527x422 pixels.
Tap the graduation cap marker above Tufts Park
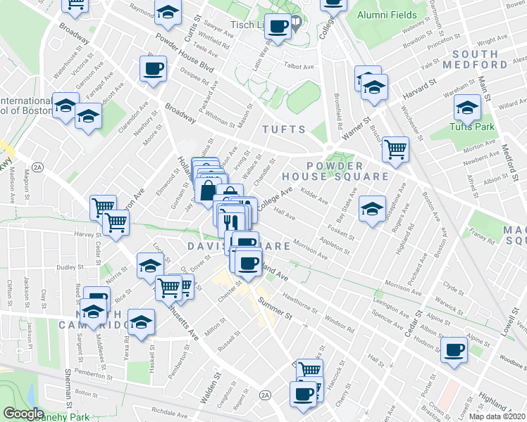(x=466, y=108)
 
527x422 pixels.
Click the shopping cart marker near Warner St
(x=396, y=148)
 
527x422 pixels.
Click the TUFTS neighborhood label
(x=284, y=129)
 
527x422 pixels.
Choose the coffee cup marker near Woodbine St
(x=455, y=349)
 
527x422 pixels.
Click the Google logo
(x=23, y=414)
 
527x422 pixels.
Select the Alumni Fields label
(x=382, y=15)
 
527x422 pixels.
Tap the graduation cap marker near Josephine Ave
(x=373, y=207)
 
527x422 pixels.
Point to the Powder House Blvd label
(x=185, y=50)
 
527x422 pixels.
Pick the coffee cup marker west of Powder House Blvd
(x=153, y=68)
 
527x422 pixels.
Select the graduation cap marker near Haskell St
(x=142, y=320)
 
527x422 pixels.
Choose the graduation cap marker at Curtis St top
(x=167, y=12)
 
